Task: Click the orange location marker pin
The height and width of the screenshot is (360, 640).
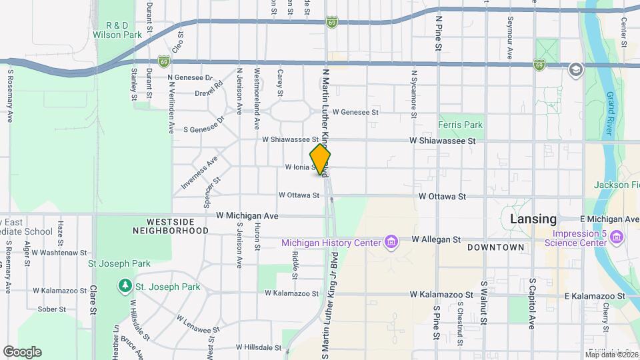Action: [321, 160]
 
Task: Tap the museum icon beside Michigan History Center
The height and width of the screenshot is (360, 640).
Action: [392, 241]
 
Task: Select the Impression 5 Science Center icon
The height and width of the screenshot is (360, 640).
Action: [616, 237]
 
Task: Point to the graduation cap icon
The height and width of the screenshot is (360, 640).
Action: [575, 69]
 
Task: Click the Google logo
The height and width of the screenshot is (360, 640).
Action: [22, 352]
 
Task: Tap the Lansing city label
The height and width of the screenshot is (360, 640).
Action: [533, 219]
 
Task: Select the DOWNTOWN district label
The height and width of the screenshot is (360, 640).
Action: [495, 247]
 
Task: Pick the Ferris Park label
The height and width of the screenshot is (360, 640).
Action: [460, 125]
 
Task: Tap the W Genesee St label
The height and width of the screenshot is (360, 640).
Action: [356, 113]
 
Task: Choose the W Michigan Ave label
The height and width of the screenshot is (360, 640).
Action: [247, 216]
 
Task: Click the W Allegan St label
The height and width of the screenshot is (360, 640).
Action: [436, 239]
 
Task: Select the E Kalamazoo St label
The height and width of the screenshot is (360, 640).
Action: [595, 295]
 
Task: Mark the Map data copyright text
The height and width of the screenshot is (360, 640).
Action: [611, 354]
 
